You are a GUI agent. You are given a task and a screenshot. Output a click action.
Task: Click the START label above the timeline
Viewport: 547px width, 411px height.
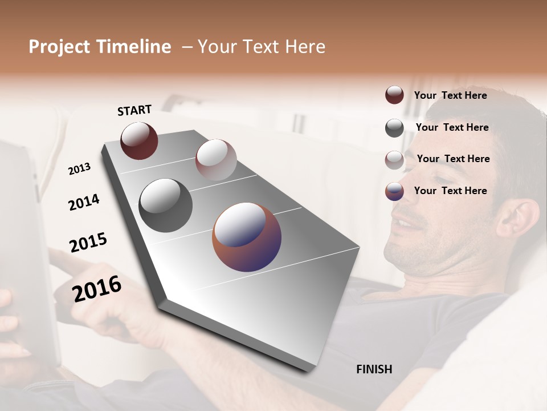pyautogui.click(x=134, y=110)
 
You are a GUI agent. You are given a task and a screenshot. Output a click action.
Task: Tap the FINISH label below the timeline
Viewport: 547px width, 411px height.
pyautogui.click(x=374, y=369)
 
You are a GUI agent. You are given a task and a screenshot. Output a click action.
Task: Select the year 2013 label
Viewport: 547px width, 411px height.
pyautogui.click(x=79, y=169)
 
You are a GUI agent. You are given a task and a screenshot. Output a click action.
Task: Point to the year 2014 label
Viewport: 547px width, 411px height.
pyautogui.click(x=84, y=202)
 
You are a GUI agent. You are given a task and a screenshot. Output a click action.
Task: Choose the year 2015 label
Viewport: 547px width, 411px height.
pyautogui.click(x=88, y=243)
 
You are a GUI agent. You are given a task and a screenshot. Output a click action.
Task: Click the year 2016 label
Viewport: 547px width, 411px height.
pyautogui.click(x=97, y=288)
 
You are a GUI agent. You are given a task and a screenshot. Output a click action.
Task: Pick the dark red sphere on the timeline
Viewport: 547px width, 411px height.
pyautogui.click(x=139, y=140)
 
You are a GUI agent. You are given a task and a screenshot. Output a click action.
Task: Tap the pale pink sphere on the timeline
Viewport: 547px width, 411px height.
pyautogui.click(x=216, y=159)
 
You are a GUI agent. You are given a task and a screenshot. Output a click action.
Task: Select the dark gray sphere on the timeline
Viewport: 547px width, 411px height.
pyautogui.click(x=166, y=205)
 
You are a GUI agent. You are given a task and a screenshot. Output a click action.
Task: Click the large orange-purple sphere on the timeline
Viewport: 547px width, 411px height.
pyautogui.click(x=247, y=237)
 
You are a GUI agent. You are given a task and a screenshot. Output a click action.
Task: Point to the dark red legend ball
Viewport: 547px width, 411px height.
pyautogui.click(x=394, y=95)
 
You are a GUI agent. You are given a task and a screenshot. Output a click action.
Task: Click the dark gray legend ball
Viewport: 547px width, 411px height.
pyautogui.click(x=394, y=128)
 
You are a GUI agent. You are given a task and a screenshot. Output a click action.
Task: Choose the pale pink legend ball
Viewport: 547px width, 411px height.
pyautogui.click(x=394, y=160)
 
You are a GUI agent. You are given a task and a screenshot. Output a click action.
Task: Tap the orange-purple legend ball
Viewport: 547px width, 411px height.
pyautogui.click(x=394, y=191)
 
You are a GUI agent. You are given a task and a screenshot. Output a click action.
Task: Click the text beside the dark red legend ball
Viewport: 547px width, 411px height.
pyautogui.click(x=450, y=95)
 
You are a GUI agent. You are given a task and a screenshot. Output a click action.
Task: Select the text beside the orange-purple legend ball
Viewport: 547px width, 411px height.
pyautogui.click(x=450, y=191)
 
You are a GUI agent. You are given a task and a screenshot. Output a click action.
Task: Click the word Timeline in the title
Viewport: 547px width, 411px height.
pyautogui.click(x=134, y=47)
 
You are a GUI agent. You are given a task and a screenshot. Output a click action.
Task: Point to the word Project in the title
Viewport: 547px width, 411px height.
pyautogui.click(x=59, y=47)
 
